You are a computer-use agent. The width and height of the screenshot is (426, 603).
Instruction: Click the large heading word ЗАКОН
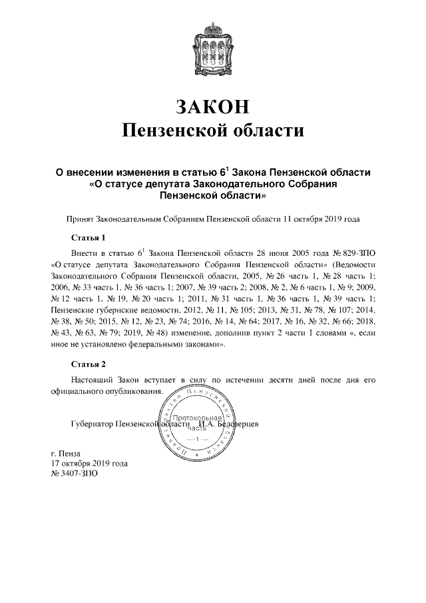click(213, 107)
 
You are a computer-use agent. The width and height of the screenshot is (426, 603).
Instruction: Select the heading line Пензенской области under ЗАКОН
click(213, 130)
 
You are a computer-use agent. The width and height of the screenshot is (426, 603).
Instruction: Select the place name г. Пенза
click(66, 453)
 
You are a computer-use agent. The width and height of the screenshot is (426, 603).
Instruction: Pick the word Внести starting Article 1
click(85, 254)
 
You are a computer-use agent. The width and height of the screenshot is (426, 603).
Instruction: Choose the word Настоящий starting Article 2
click(92, 380)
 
